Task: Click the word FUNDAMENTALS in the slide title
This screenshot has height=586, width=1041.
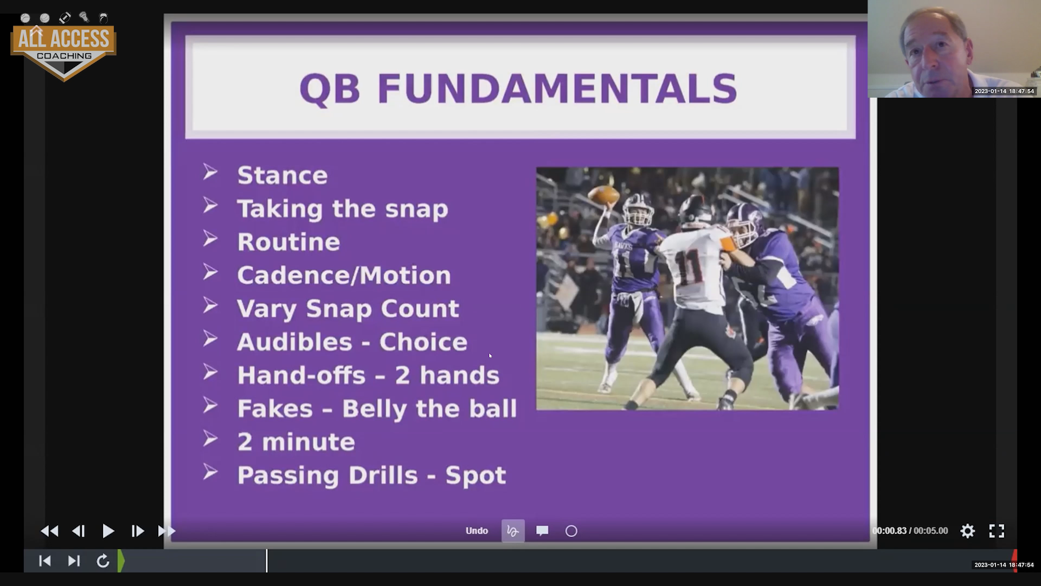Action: [x=557, y=88]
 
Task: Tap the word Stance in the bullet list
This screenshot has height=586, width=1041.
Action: [x=282, y=175]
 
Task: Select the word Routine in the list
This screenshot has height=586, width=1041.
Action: [x=288, y=242]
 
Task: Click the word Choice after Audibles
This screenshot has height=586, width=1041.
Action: [x=423, y=342]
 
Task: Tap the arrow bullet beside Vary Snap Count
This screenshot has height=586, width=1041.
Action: [x=210, y=305]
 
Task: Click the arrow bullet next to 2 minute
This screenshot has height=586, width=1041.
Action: [x=210, y=439]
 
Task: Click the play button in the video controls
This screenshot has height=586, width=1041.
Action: [x=108, y=531]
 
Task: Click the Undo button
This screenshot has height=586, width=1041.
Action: [x=477, y=531]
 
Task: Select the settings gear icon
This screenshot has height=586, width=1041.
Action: [x=968, y=531]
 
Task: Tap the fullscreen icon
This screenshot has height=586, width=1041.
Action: [x=997, y=531]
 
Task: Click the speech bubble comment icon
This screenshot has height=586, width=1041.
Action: [x=542, y=531]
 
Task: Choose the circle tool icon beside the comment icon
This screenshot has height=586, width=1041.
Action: [x=571, y=531]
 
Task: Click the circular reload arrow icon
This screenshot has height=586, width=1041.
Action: [x=102, y=560]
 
